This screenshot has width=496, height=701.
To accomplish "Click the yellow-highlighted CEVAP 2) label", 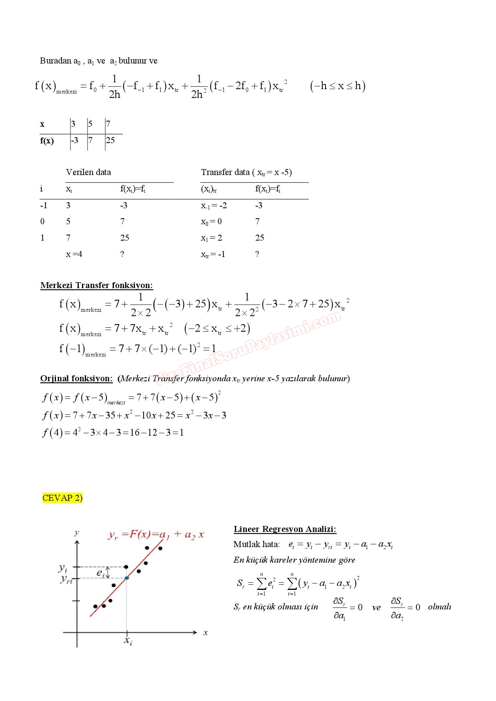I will [x=62, y=498].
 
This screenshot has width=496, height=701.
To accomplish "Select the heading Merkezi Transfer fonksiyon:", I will [x=96, y=285].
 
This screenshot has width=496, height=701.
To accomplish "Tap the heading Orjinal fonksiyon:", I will [x=76, y=378].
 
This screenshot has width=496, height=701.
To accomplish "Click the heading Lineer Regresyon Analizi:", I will [x=285, y=529].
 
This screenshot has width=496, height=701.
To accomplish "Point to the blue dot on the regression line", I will [x=127, y=578].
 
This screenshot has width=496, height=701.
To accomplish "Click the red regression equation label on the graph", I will [x=156, y=535].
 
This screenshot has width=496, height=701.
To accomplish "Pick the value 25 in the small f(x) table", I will [x=110, y=140].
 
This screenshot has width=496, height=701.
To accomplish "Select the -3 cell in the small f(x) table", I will [x=75, y=140].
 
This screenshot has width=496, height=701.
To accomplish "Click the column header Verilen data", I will [x=88, y=172].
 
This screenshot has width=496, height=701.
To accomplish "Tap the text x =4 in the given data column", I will [x=74, y=254].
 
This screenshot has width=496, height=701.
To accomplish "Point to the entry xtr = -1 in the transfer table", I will [x=213, y=254].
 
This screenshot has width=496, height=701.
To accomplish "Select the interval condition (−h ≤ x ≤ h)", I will [x=338, y=86].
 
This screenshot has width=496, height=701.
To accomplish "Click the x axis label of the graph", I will [x=206, y=633].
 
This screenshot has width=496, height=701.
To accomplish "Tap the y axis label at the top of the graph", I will [x=77, y=533].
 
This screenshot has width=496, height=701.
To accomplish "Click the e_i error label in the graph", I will [x=100, y=573].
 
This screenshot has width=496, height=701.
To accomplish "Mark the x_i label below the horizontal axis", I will [x=128, y=641].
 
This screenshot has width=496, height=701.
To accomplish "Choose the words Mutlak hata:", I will [x=256, y=544].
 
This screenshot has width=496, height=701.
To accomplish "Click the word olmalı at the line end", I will [x=439, y=607].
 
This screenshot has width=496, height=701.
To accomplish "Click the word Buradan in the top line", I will [x=55, y=61].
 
